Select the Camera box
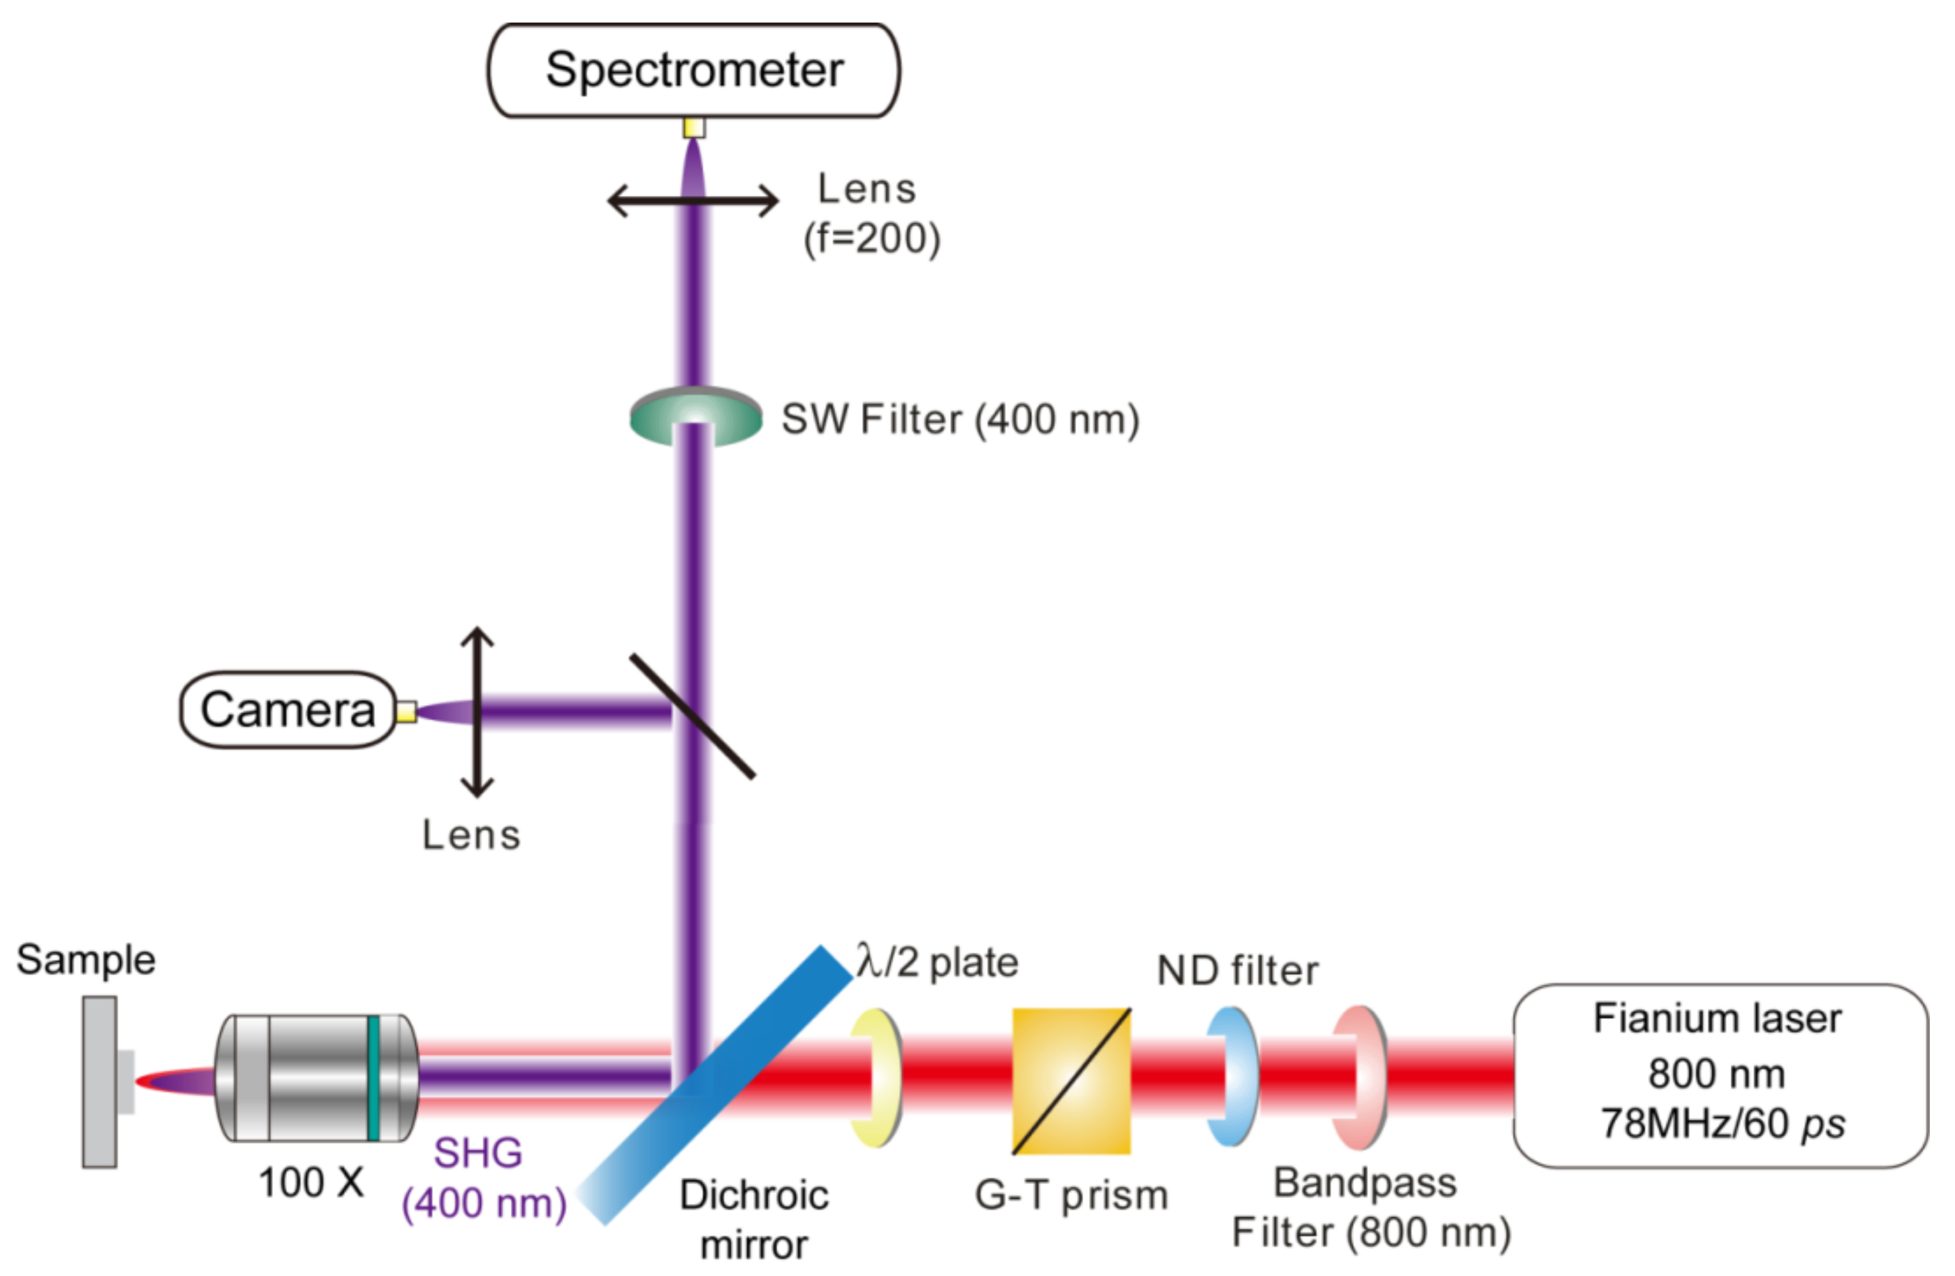(x=288, y=710)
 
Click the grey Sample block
(x=99, y=1081)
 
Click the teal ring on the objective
(x=373, y=1078)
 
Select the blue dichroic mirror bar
(x=714, y=1084)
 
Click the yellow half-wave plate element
(x=876, y=1078)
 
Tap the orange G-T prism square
(x=1071, y=1081)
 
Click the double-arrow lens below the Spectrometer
(x=693, y=200)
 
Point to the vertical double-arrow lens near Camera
(x=476, y=713)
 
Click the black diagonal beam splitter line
(x=693, y=715)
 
